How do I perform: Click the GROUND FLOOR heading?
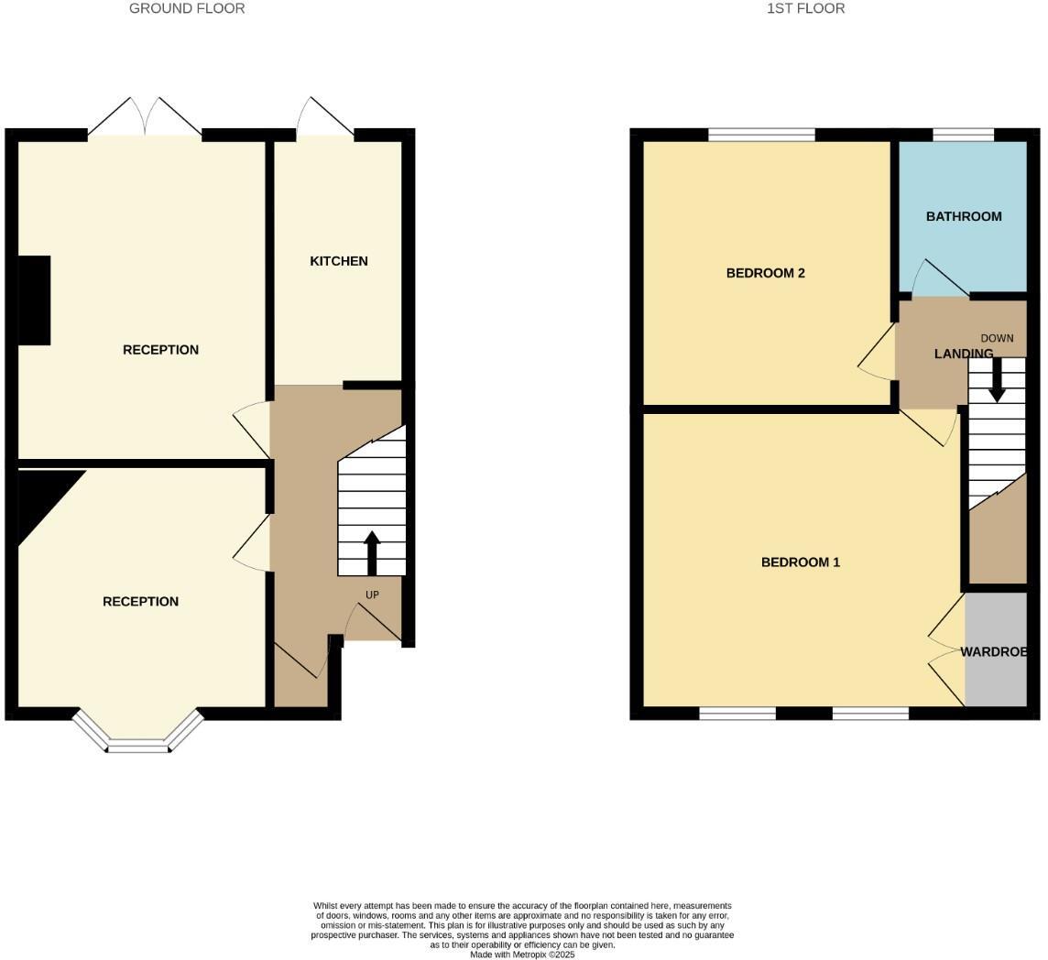click(187, 8)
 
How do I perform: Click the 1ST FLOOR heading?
click(805, 8)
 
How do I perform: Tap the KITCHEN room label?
click(339, 261)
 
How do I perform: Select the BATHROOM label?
click(964, 217)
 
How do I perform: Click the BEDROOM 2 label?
click(765, 273)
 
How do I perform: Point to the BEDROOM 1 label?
click(800, 562)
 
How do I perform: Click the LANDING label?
click(963, 354)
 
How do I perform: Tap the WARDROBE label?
click(993, 652)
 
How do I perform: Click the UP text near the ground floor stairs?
click(372, 595)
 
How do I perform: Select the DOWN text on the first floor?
click(997, 338)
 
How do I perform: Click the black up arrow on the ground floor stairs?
click(372, 552)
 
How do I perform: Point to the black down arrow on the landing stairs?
click(997, 379)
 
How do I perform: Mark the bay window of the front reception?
click(138, 738)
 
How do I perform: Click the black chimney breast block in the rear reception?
click(34, 300)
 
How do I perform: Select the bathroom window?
click(963, 136)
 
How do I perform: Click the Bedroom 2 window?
click(761, 136)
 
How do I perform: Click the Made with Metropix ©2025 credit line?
click(522, 955)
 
